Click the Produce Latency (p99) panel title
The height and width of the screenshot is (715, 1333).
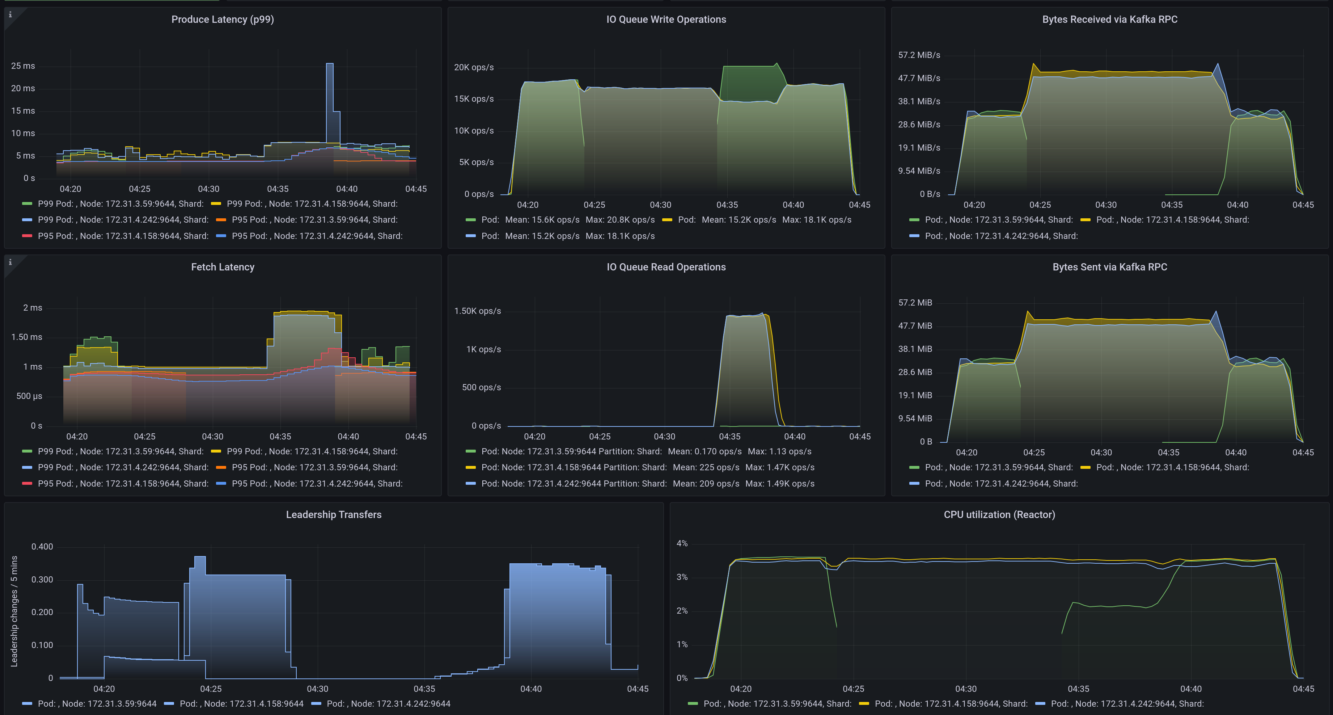(223, 19)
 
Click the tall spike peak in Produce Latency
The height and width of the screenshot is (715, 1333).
(330, 64)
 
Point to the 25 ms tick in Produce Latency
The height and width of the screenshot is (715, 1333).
(23, 66)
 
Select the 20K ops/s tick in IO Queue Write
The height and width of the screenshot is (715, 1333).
(474, 67)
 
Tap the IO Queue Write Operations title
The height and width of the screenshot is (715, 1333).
(666, 19)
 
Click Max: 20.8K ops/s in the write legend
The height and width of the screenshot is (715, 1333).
(620, 219)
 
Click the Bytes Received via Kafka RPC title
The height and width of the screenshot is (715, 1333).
(1109, 19)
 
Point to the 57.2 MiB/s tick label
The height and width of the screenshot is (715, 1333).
(919, 55)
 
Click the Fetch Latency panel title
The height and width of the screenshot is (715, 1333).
(223, 267)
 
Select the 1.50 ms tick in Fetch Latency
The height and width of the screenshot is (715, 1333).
(26, 337)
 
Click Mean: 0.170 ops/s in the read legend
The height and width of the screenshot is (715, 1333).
(704, 451)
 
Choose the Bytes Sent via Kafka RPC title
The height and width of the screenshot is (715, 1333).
(1109, 267)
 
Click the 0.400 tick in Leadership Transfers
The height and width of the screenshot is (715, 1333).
(42, 547)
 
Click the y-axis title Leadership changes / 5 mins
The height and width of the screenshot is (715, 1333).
(14, 611)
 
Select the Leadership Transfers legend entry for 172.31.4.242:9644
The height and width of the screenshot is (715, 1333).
(388, 704)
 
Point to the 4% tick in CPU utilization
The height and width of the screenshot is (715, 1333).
(682, 543)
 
